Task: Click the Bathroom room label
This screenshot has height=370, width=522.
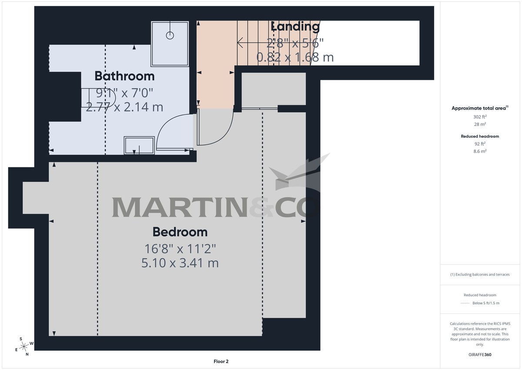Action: coord(124,76)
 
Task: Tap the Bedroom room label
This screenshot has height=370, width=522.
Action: coord(180,231)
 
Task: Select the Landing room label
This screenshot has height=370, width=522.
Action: coord(295,26)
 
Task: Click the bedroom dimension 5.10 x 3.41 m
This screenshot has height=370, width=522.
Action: coord(180,263)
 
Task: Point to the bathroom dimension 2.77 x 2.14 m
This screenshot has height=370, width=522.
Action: coord(124,107)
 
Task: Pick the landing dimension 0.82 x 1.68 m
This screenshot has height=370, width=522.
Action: coord(295,57)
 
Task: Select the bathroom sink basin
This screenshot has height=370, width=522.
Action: coord(139,145)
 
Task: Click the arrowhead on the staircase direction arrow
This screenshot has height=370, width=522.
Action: coord(240,42)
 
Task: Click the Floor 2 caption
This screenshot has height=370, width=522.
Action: coord(221,361)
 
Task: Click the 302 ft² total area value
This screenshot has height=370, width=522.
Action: coord(479,117)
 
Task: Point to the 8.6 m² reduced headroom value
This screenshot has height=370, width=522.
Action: coord(479,151)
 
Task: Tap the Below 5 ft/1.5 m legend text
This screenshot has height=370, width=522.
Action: coord(485,303)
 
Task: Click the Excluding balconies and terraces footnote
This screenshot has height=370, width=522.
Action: coord(479,275)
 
